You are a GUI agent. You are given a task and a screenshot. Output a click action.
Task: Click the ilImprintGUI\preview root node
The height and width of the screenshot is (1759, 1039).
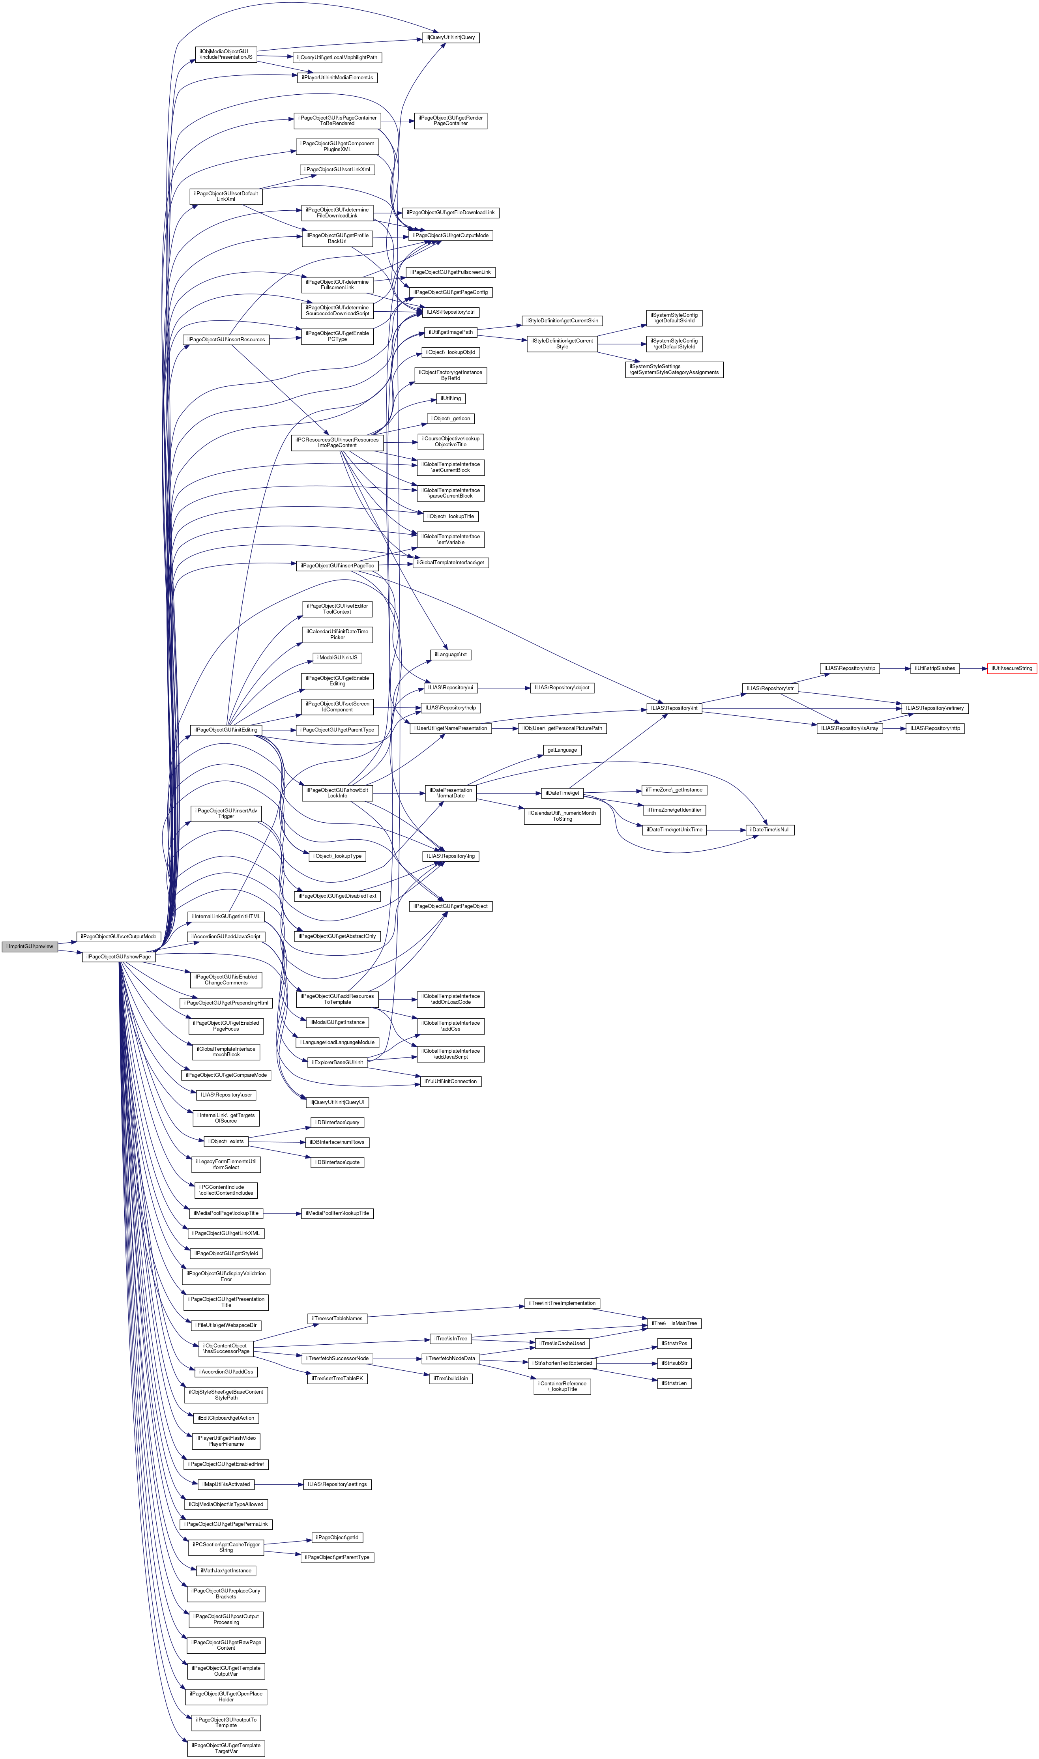[x=30, y=946]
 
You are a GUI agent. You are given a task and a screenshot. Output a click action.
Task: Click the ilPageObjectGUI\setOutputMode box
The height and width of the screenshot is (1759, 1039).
[x=118, y=937]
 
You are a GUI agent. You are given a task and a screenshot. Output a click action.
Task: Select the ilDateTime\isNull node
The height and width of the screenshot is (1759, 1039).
[x=769, y=830]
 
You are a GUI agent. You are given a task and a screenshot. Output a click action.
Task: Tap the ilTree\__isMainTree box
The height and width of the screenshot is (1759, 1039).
[x=674, y=1324]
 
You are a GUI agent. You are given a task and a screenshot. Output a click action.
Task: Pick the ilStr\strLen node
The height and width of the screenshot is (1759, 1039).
[x=674, y=1384]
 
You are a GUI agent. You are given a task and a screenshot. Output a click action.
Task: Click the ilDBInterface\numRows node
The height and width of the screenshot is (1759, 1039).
[x=337, y=1142]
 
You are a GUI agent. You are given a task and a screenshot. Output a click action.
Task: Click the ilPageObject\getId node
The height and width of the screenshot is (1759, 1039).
[x=337, y=1538]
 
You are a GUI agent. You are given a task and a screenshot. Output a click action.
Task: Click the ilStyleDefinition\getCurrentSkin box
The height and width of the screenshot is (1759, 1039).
[x=562, y=320]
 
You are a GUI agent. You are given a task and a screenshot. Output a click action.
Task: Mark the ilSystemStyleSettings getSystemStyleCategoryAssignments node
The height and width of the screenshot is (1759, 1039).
[x=674, y=370]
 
